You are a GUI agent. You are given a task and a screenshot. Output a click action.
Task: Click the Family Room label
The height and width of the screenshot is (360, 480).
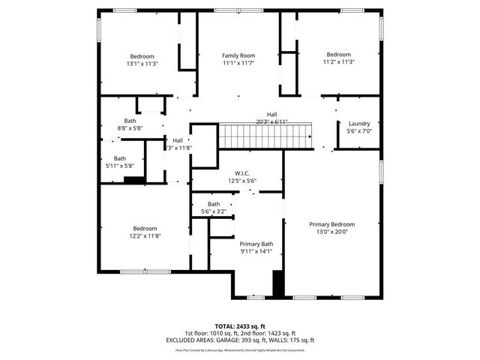click(x=238, y=55)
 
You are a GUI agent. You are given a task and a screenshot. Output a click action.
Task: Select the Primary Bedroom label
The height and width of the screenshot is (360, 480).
click(x=333, y=224)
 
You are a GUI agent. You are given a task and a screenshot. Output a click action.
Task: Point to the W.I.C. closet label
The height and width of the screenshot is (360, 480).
click(x=242, y=172)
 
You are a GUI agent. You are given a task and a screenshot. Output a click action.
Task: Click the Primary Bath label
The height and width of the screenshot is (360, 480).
click(x=256, y=244)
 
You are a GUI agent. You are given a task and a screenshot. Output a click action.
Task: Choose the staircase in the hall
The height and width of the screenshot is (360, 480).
click(x=265, y=137)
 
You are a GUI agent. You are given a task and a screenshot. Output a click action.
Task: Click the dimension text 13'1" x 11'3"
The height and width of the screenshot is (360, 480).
click(x=142, y=64)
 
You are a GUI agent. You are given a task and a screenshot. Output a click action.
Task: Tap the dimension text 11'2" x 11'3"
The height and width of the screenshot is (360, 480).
click(x=338, y=62)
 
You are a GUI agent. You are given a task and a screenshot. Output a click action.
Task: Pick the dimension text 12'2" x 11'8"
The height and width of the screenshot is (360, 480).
click(x=145, y=236)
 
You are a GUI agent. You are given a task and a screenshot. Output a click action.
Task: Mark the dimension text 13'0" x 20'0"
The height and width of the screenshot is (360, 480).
click(x=333, y=232)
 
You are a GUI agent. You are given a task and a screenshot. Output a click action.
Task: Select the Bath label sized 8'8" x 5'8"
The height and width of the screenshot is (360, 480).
click(x=130, y=121)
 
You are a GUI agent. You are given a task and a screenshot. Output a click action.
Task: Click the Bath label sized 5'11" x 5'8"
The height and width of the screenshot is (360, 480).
click(x=120, y=158)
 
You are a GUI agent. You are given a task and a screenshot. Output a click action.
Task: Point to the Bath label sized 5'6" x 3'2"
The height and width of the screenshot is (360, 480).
click(x=214, y=204)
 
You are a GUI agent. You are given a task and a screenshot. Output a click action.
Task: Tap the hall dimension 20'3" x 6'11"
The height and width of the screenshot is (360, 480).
click(x=261, y=122)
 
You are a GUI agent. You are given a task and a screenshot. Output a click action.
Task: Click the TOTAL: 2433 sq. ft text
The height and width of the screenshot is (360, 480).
click(x=240, y=326)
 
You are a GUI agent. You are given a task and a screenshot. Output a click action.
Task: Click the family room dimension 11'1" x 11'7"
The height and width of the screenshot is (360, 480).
click(x=238, y=64)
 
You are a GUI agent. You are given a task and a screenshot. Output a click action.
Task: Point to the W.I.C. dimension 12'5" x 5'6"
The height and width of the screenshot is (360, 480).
click(x=242, y=181)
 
